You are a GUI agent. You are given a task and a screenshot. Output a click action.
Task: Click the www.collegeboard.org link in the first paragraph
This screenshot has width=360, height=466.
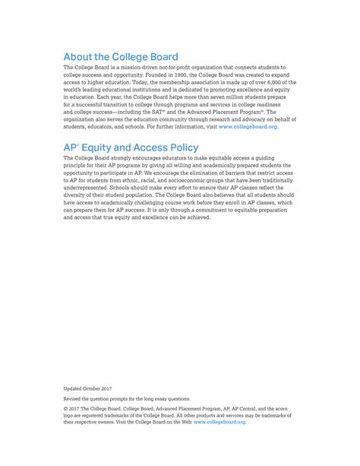click(x=248, y=126)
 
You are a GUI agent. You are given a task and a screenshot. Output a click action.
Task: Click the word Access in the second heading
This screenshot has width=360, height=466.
click(x=138, y=147)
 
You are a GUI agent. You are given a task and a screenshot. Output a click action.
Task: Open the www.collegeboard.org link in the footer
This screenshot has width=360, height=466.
click(x=219, y=422)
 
